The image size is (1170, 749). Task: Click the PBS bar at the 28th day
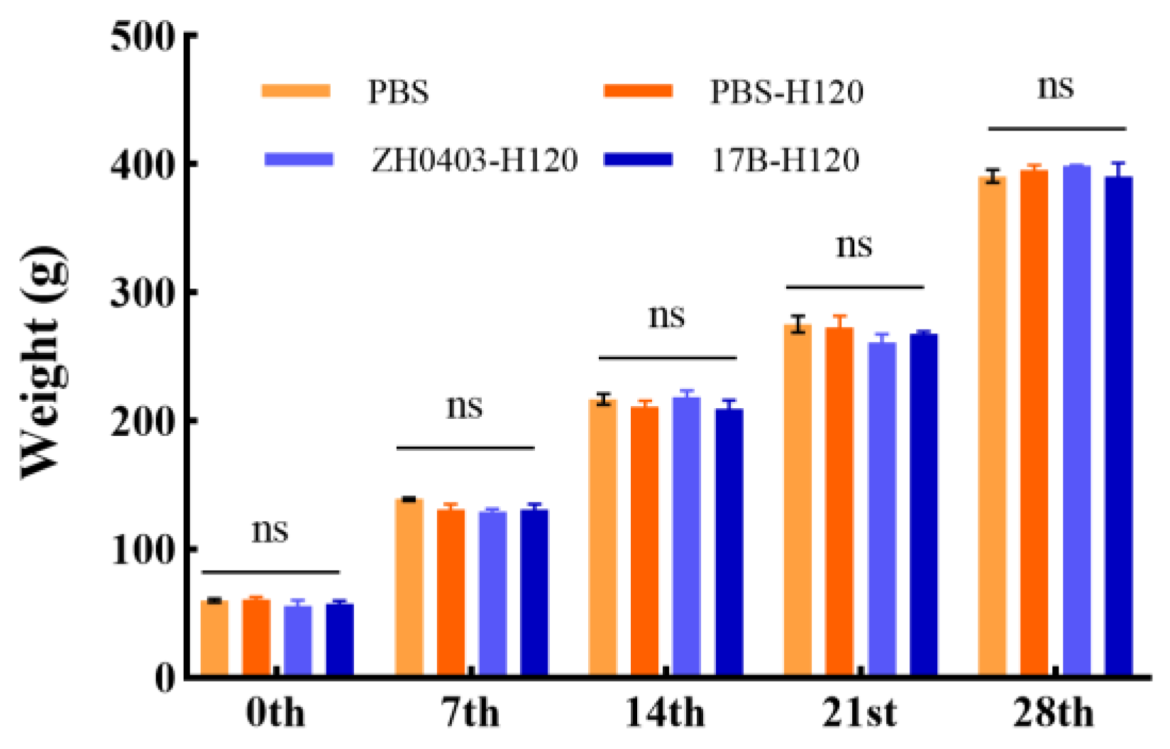(992, 426)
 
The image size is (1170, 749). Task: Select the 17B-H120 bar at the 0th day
(340, 639)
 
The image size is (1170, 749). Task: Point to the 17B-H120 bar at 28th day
(1118, 426)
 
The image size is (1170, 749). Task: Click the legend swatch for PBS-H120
(638, 91)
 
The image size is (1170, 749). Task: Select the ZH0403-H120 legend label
(474, 160)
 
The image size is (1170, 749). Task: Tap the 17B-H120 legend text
(785, 160)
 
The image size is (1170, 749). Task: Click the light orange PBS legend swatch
(296, 91)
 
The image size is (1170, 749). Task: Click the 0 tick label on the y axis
(165, 678)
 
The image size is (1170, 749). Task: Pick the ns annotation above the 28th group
(1056, 87)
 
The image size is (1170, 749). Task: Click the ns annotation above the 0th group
(270, 530)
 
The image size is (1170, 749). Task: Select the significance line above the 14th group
(667, 358)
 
